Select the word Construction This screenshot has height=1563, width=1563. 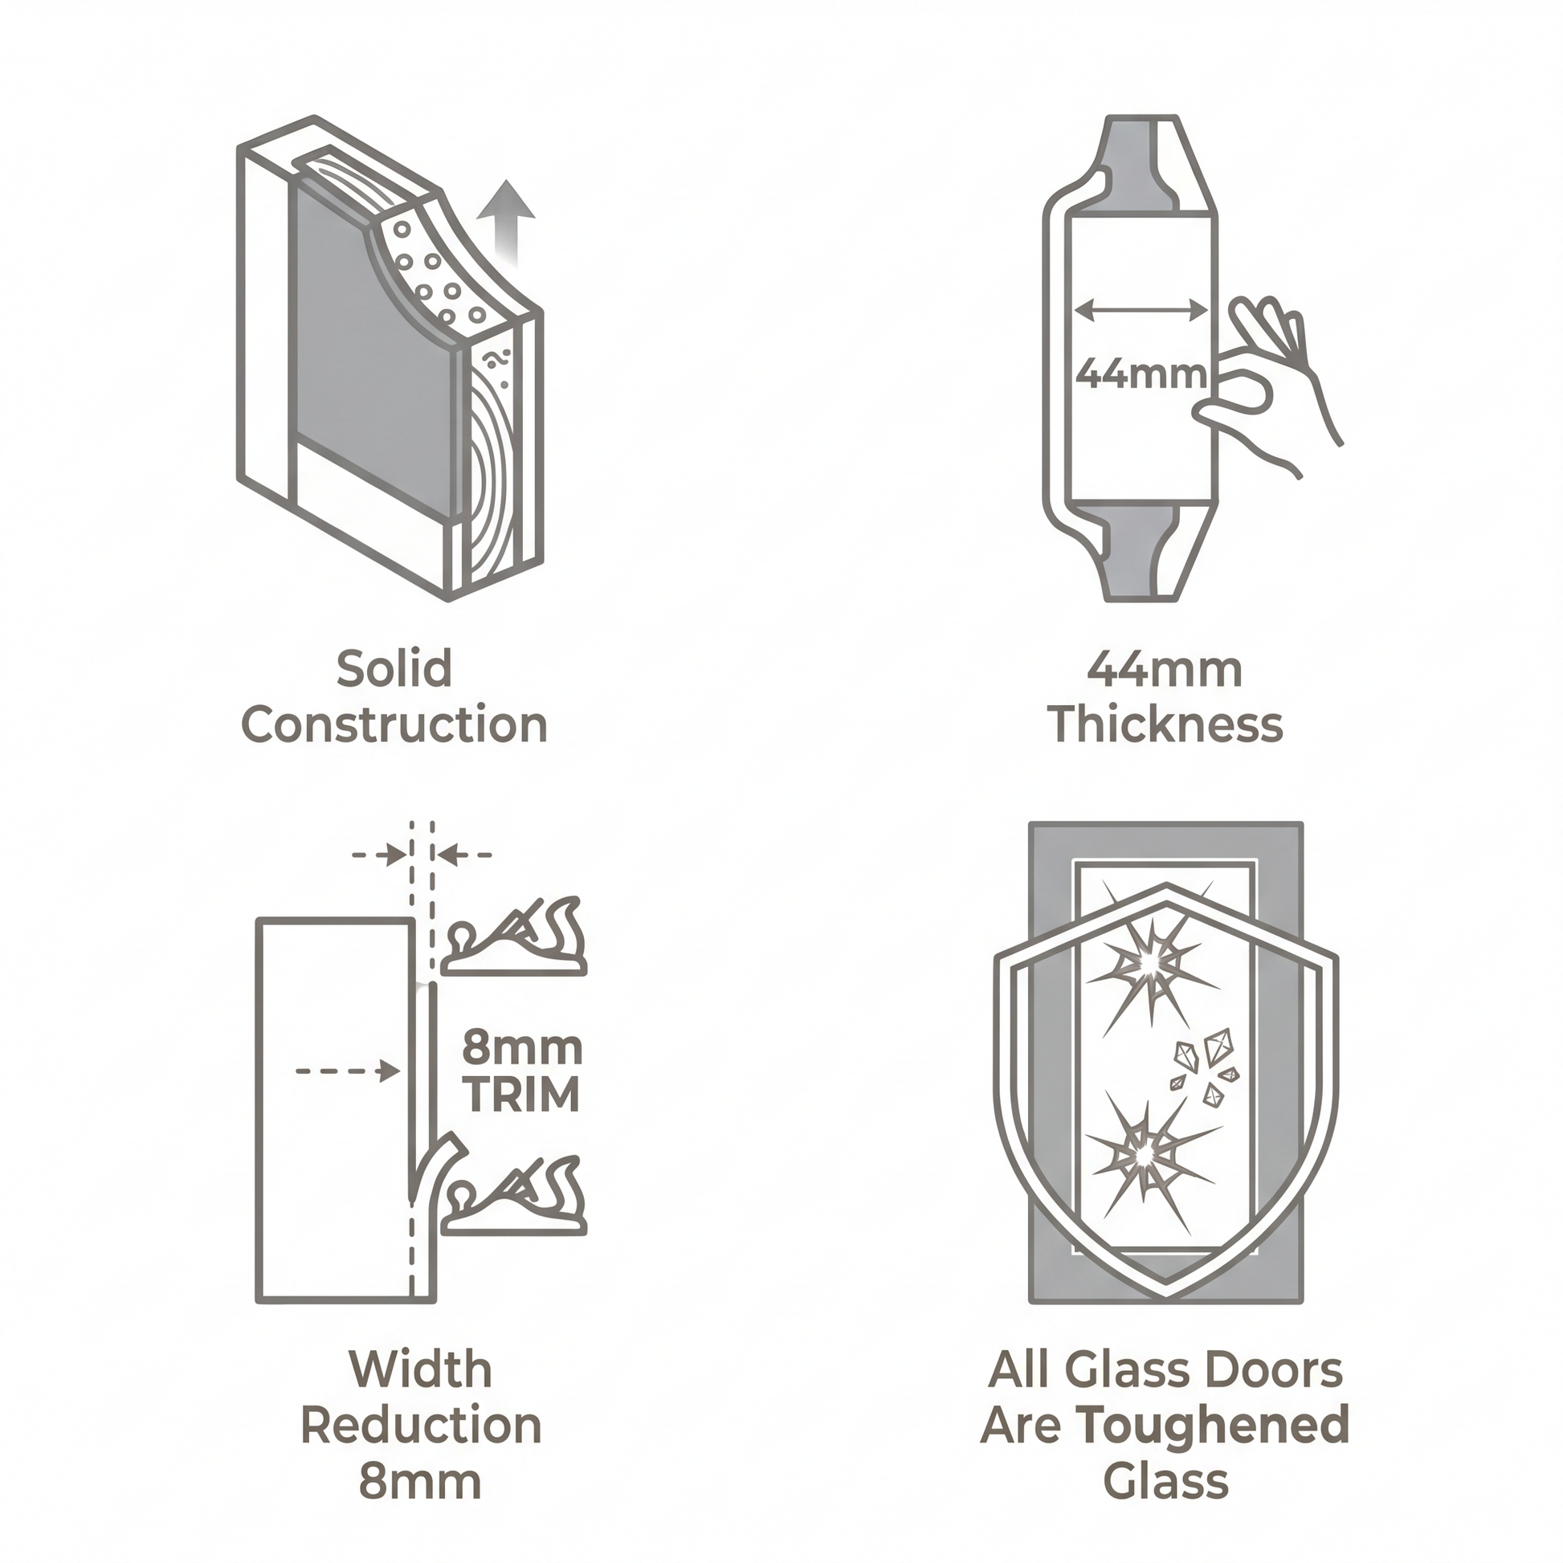coord(395,724)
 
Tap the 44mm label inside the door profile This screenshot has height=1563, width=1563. coord(1141,373)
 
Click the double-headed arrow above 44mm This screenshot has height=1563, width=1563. coord(1141,309)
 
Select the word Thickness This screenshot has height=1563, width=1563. coord(1165,724)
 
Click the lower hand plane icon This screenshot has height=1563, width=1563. coord(513,1195)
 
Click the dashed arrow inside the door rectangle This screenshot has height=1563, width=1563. coord(348,1072)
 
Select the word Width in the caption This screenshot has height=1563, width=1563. coord(420,1369)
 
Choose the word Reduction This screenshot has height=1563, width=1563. coord(421,1426)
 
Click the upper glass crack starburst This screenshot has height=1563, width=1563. coord(1150,963)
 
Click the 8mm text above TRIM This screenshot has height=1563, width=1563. coord(522,1048)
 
